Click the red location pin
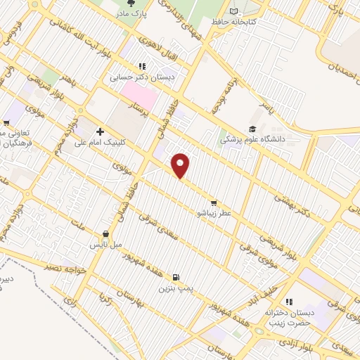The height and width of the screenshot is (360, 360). (181, 165)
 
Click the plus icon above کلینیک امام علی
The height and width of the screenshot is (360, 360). (100, 131)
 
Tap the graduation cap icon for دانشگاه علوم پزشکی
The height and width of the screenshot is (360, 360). (251, 129)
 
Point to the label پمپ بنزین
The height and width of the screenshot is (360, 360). (174, 288)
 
